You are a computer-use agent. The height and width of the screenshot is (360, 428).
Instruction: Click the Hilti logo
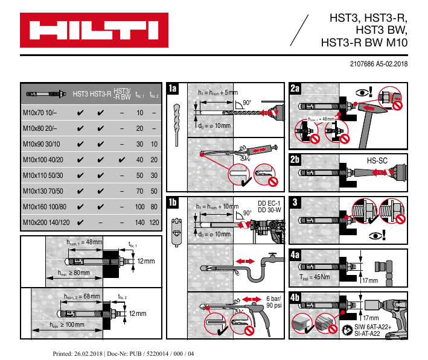[91, 29]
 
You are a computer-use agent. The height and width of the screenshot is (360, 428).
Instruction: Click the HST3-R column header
[101, 95]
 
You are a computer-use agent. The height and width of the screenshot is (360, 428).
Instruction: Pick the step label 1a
[173, 89]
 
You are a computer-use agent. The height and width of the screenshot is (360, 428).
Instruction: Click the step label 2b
[296, 160]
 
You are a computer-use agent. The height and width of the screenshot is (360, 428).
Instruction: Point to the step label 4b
[296, 298]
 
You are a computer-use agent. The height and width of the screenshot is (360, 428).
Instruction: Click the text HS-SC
[377, 161]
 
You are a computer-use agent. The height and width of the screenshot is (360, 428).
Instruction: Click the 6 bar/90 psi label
[273, 302]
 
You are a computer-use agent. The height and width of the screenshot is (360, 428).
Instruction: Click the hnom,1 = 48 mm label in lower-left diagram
[84, 242]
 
